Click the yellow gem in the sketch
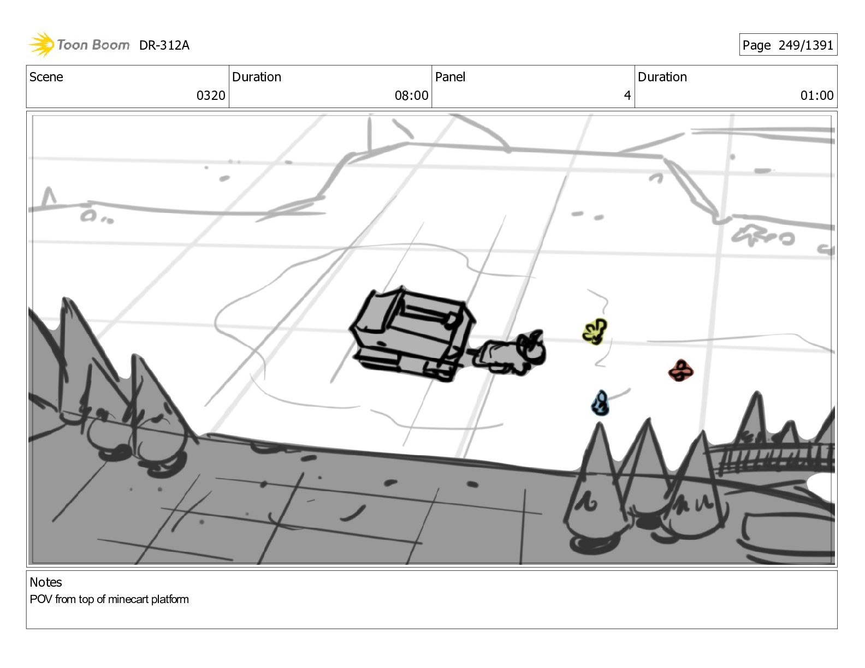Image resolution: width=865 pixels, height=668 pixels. [595, 331]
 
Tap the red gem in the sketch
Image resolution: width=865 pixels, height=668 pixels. [680, 371]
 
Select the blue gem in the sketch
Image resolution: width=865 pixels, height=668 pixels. [600, 403]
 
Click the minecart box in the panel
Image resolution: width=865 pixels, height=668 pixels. [412, 334]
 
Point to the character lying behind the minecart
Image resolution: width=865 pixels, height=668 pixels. [509, 352]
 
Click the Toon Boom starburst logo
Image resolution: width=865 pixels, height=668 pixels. [42, 45]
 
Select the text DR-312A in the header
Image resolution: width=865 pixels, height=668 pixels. [164, 45]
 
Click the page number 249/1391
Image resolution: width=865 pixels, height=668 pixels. [805, 45]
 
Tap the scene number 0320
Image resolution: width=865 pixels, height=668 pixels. [211, 96]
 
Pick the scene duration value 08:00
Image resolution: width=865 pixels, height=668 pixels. [411, 96]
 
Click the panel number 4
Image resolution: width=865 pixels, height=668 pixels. [627, 96]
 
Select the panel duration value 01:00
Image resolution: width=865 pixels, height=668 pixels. [817, 96]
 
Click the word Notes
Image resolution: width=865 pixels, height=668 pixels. [46, 582]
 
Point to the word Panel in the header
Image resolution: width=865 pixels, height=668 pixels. [450, 77]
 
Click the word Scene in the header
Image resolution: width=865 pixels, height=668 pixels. [46, 77]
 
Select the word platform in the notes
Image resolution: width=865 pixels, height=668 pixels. [170, 599]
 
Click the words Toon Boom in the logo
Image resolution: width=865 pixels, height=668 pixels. [93, 45]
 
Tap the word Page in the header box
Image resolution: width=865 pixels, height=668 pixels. [756, 45]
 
